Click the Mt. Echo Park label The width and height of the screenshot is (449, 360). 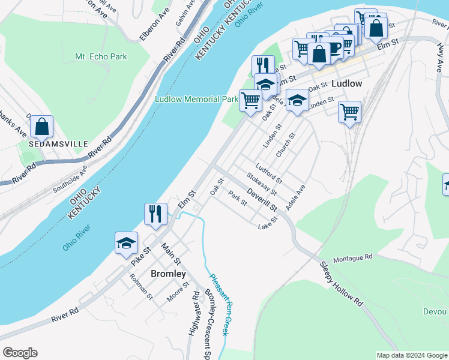pos(101,56)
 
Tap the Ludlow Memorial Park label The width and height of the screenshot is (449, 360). pos(196,99)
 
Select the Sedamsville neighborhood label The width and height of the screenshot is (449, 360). pos(58,144)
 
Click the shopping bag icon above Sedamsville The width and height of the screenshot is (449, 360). pos(41,127)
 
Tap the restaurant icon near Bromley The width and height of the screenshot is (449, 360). pos(155,214)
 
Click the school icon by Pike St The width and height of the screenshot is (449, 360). pos(126,242)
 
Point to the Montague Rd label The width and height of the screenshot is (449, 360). pos(353,257)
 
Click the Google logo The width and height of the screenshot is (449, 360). pos(20,353)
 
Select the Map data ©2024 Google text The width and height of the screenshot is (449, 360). pos(411,355)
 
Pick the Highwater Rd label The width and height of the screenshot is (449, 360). pos(193,315)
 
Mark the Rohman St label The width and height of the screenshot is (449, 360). pos(141,287)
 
